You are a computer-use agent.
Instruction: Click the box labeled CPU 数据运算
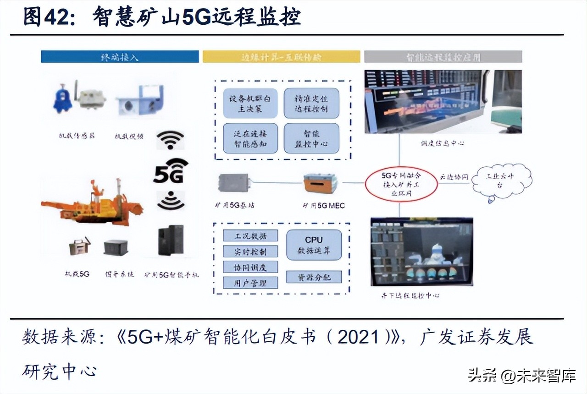pyautogui.click(x=314, y=245)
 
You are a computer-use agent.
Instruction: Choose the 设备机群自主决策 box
pyautogui.click(x=250, y=103)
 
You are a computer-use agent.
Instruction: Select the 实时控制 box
pyautogui.click(x=250, y=251)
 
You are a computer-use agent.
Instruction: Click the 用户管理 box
pyautogui.click(x=250, y=283)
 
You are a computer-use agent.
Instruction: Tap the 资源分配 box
pyautogui.click(x=314, y=277)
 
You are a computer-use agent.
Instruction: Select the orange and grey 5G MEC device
pyautogui.click(x=320, y=183)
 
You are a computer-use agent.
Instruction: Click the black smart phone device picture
pyautogui.click(x=171, y=240)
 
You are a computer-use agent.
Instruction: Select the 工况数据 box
pyautogui.click(x=250, y=235)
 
